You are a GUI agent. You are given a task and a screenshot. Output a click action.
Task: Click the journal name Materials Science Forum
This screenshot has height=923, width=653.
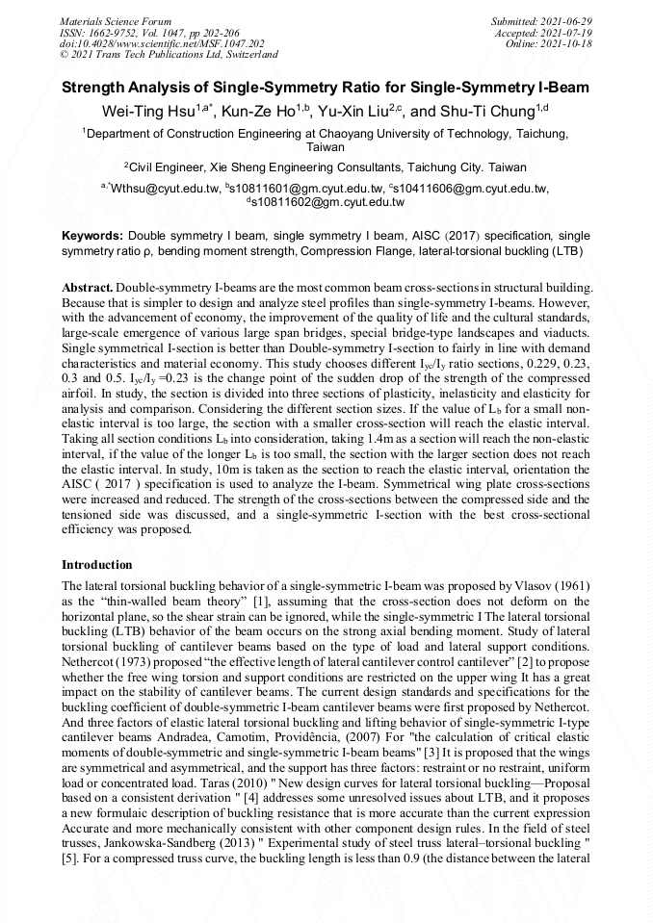click(x=116, y=20)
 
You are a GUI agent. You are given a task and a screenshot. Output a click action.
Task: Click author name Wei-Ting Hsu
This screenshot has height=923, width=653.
click(x=145, y=112)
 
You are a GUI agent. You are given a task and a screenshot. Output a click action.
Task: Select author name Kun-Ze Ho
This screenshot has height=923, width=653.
click(x=258, y=112)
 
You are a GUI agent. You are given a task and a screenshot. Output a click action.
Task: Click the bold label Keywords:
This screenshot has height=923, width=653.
click(x=92, y=235)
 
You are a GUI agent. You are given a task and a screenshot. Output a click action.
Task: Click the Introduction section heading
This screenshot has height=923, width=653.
click(x=97, y=564)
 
